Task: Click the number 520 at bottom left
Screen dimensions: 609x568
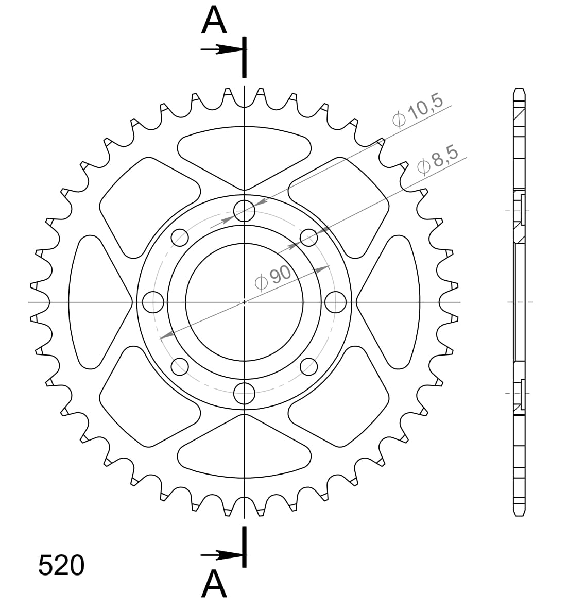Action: click(x=61, y=566)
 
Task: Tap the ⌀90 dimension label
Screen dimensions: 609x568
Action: click(x=273, y=279)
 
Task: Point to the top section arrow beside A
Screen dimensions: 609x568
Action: click(x=221, y=49)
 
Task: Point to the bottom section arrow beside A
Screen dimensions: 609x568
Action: click(x=221, y=555)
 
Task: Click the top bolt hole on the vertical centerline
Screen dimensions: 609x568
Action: click(x=244, y=210)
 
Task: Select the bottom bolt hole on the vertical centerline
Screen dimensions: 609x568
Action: click(x=244, y=394)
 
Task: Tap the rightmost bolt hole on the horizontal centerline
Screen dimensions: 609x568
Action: click(x=336, y=302)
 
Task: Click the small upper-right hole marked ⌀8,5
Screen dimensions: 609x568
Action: click(x=308, y=238)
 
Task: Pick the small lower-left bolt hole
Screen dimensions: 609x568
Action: click(x=180, y=366)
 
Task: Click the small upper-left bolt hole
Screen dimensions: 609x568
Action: click(x=180, y=238)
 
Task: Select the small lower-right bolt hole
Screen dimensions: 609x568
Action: click(x=308, y=366)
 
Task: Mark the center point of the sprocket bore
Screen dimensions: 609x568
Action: click(x=244, y=302)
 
